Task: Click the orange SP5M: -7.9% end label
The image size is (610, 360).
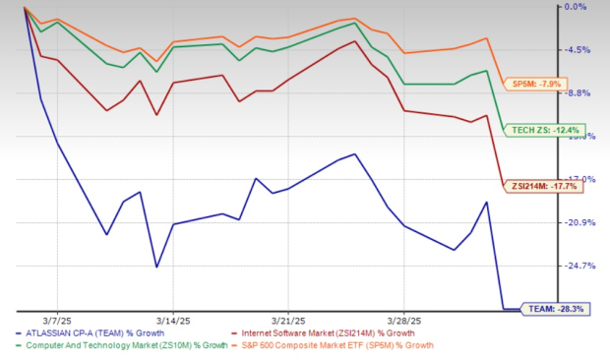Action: tap(537, 85)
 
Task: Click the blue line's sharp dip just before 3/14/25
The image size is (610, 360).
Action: tap(156, 267)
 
